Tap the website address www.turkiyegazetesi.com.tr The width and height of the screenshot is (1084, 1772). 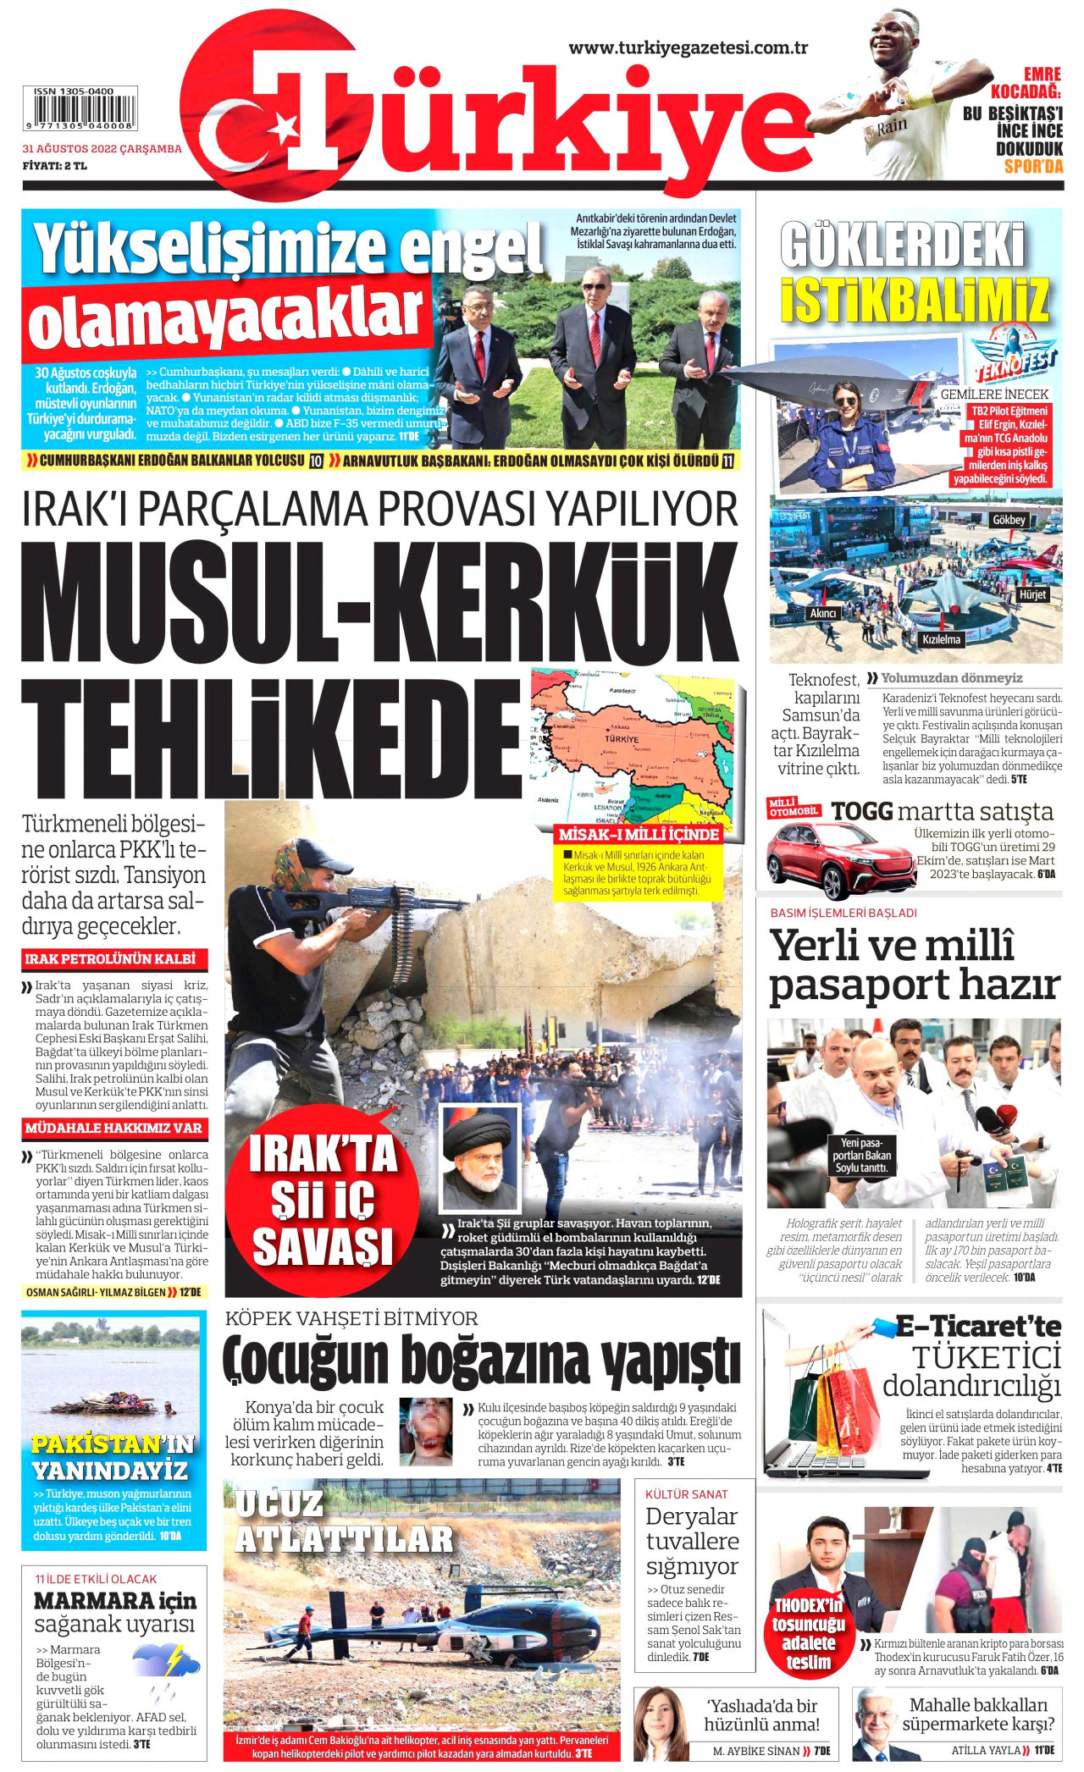coord(688,48)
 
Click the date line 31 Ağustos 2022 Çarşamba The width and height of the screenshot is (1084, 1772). coord(102,149)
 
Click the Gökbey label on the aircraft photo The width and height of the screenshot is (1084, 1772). coord(1009,520)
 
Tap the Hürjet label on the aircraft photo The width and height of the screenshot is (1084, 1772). coord(1032,594)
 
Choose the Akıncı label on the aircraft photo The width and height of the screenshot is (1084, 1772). coord(823,613)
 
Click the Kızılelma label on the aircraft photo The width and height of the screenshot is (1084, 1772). coord(941,639)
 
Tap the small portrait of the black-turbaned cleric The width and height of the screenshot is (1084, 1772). coord(480,1159)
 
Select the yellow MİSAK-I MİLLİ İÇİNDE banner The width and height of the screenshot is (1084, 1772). coord(639,834)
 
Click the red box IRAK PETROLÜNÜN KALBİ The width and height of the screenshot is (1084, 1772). coord(111,959)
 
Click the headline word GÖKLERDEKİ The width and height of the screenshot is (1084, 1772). coord(903,246)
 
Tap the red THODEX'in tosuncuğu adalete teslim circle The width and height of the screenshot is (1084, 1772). coord(808,1633)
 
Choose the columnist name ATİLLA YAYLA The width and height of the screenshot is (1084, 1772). coord(986,1750)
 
